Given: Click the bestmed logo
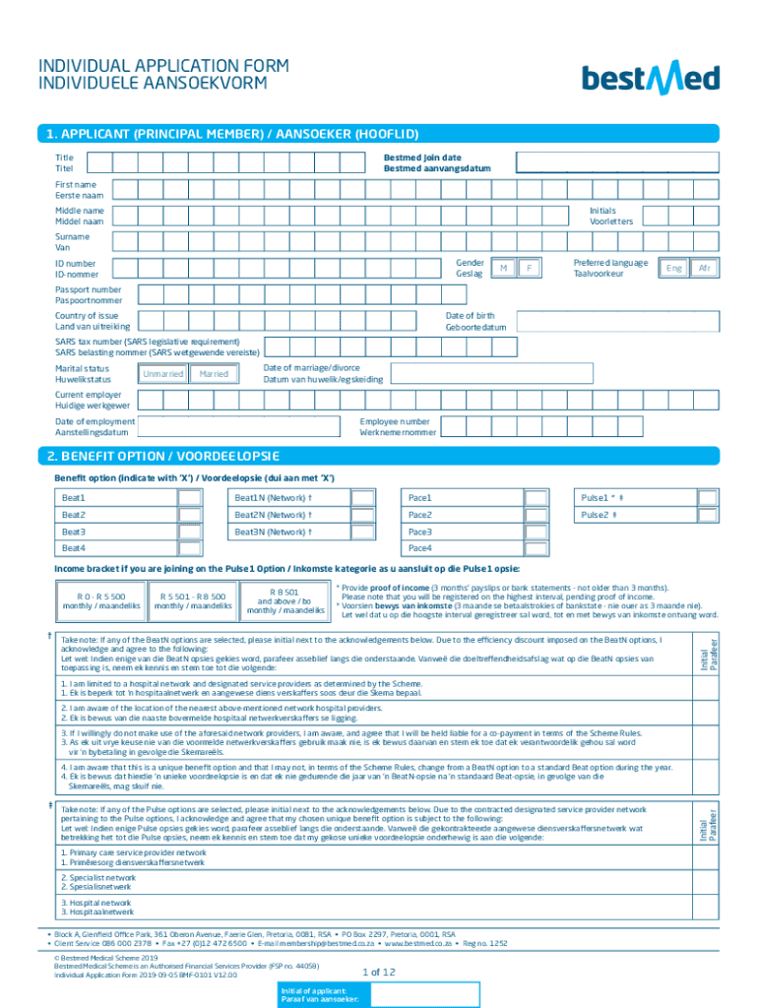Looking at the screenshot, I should tap(651, 77).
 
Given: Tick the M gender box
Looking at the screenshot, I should tap(503, 269).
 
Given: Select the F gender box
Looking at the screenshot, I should tap(529, 269).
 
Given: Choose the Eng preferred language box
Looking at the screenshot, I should tap(674, 269).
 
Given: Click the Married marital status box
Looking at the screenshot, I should tap(215, 374).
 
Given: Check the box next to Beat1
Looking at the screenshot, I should tap(190, 498).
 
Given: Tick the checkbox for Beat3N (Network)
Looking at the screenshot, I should tap(363, 532).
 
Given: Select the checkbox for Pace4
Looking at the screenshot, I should tap(537, 548).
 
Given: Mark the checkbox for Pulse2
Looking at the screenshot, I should tap(709, 515).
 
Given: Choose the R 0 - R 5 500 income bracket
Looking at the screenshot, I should tap(95, 601).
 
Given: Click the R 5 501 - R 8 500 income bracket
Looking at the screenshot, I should tap(193, 601).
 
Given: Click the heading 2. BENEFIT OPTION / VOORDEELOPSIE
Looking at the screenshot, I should tap(162, 457).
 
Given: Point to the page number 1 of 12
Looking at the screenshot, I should tap(379, 972).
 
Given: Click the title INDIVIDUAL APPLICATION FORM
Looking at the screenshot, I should tap(163, 66).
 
